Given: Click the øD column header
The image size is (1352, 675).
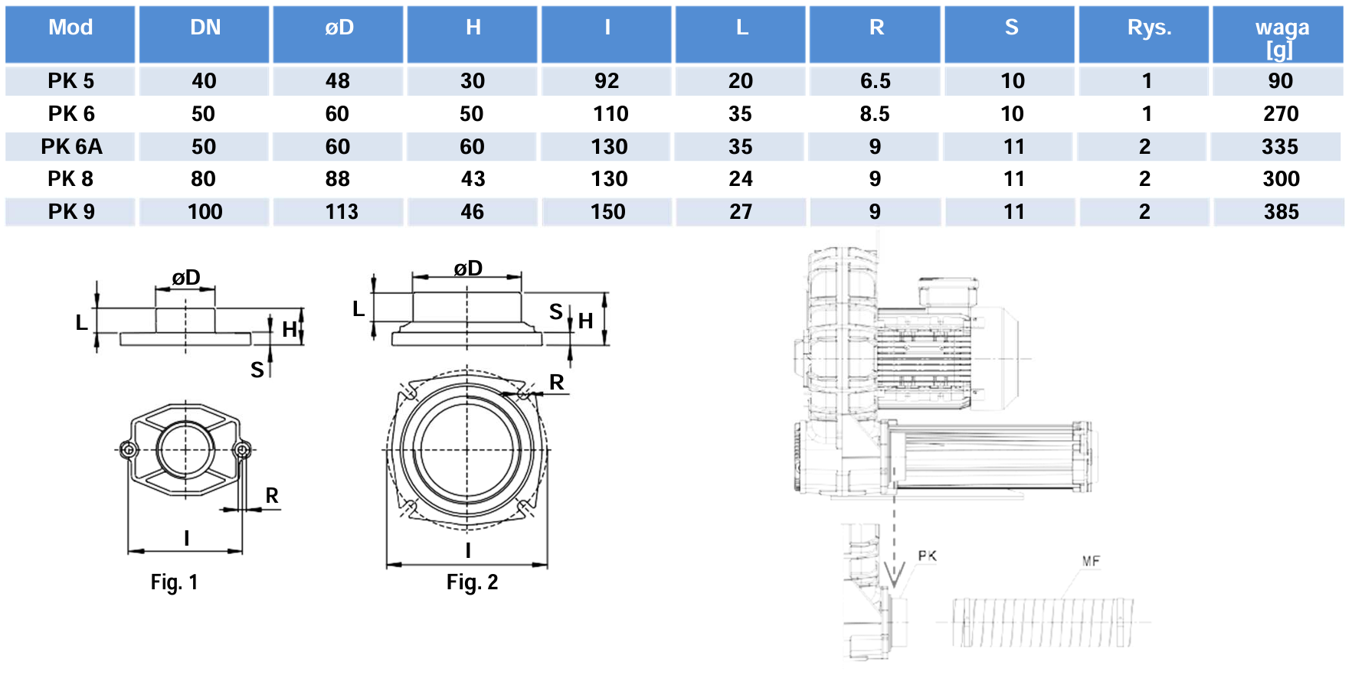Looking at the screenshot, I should (339, 28).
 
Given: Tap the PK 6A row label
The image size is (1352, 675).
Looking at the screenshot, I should (71, 146).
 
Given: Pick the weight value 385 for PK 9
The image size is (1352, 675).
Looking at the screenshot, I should (1281, 212).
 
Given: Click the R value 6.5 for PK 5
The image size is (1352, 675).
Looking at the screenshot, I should (875, 81).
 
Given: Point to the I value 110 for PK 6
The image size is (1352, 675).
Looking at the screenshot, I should (610, 114).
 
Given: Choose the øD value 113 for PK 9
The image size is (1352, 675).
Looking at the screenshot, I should (341, 212).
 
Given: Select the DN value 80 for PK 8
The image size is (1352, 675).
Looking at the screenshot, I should (203, 179).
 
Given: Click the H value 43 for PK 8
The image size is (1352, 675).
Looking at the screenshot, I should (473, 179).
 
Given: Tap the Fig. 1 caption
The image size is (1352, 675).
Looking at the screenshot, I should (174, 582).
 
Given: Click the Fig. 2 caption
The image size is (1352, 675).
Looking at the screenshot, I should (472, 582).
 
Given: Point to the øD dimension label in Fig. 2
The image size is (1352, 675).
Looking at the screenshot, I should (468, 269).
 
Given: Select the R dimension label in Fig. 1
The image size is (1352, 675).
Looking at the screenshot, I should (272, 496).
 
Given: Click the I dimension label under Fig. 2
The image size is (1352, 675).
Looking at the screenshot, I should (468, 550).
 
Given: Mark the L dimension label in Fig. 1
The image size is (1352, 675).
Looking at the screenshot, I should (81, 323).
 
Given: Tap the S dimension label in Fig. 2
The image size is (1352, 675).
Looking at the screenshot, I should (556, 311).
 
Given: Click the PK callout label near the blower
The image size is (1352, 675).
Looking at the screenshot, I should (927, 556).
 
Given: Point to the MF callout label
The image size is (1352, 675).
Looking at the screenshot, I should (1091, 562).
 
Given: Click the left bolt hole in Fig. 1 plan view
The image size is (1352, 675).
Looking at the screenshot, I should (129, 449).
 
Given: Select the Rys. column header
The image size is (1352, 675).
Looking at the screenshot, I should (1149, 28).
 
